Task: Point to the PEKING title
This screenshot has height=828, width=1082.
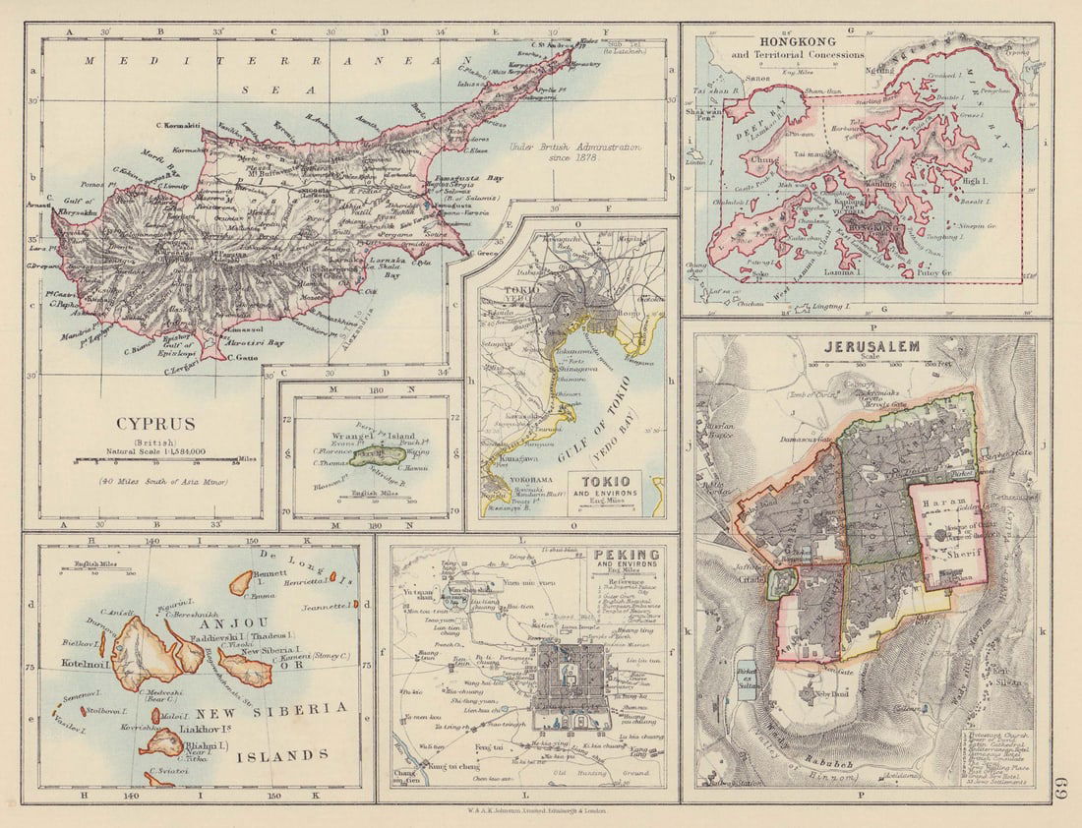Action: pyautogui.click(x=627, y=555)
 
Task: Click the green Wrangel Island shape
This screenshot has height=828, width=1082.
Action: pyautogui.click(x=375, y=456)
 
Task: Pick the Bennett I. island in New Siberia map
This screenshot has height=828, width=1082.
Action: pyautogui.click(x=241, y=582)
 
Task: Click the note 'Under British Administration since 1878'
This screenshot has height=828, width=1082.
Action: pyautogui.click(x=575, y=153)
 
